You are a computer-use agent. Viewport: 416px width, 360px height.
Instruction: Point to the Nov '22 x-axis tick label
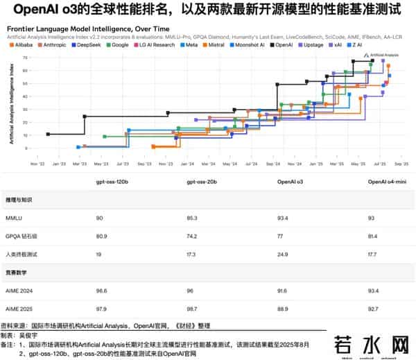[38, 164]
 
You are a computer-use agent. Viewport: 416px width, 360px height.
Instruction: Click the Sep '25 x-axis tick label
[401, 164]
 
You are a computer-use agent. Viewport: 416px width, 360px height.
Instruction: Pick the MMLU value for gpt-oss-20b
[192, 217]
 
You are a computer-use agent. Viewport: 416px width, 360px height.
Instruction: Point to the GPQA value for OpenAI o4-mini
[373, 235]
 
